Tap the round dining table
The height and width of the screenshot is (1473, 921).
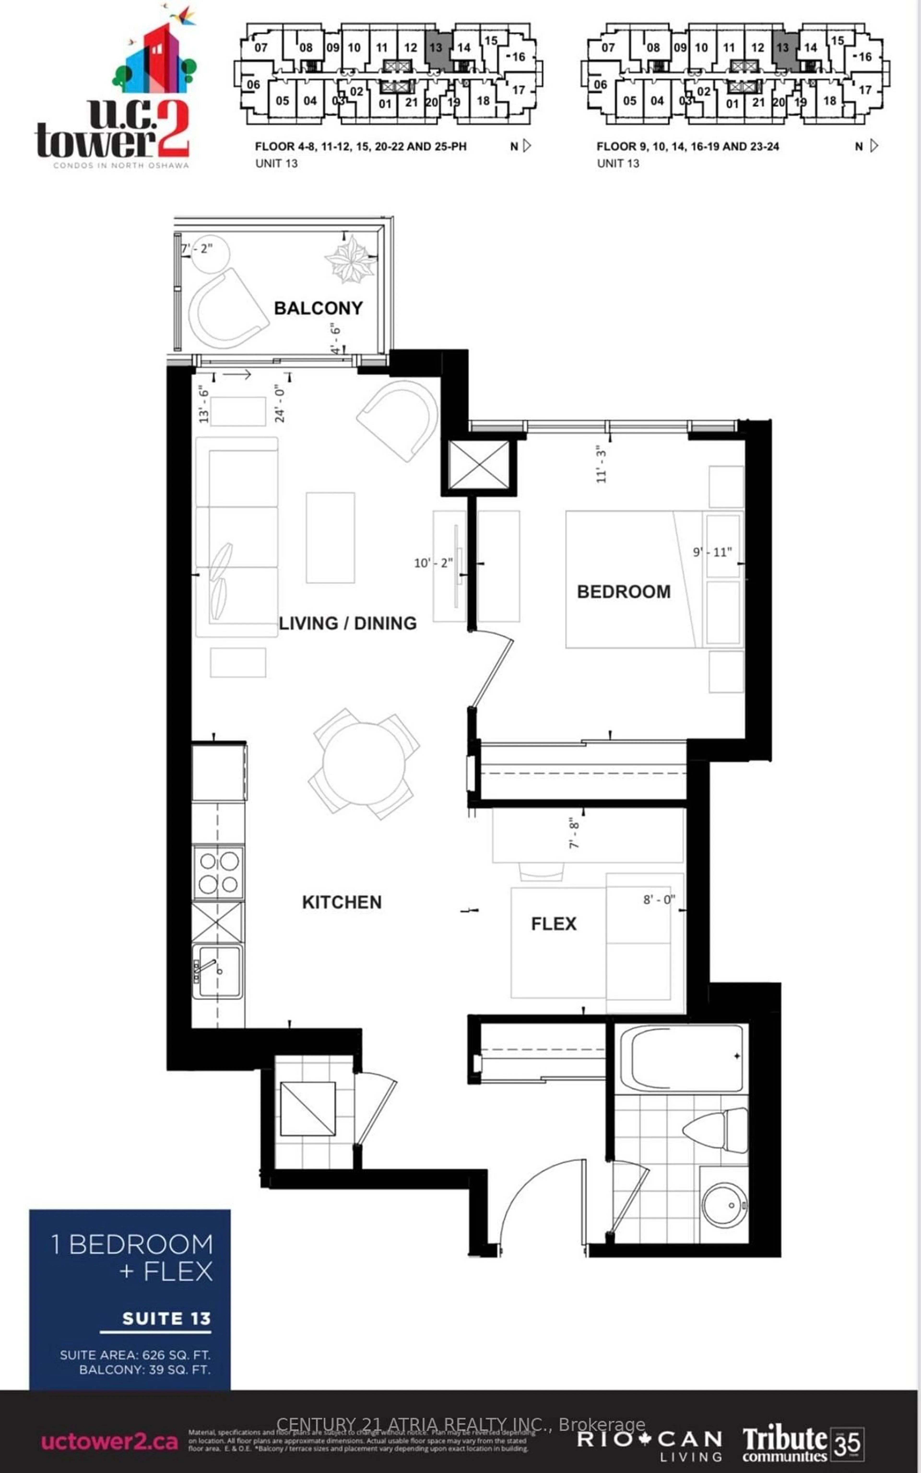point(364,764)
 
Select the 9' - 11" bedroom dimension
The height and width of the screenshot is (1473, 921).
point(711,552)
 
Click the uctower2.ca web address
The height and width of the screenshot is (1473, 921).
point(110,1441)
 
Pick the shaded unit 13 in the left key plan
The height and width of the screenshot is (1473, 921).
point(435,48)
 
